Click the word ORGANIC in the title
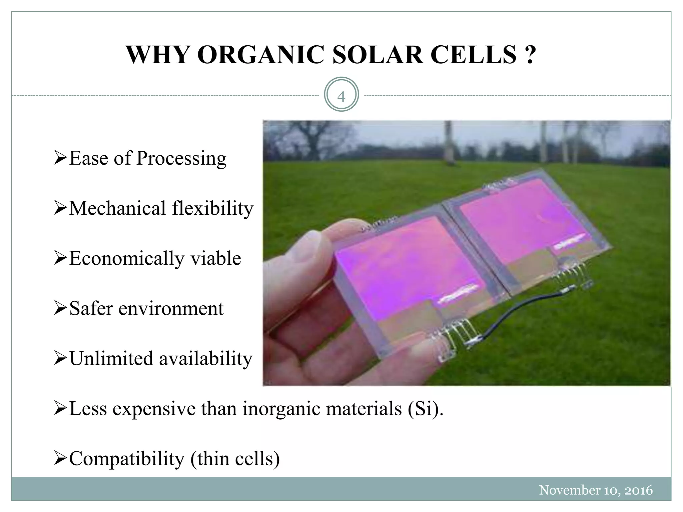click(x=260, y=55)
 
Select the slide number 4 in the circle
click(x=341, y=97)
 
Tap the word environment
click(x=171, y=308)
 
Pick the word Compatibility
click(x=127, y=459)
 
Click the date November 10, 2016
click(x=596, y=490)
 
